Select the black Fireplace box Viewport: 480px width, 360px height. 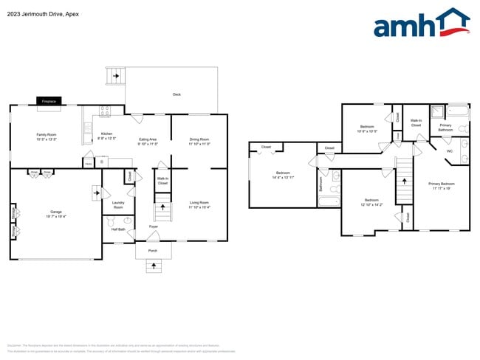click(x=49, y=100)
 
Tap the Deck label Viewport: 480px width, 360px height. click(x=176, y=94)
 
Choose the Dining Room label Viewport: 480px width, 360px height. click(x=199, y=142)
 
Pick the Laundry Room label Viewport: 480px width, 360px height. click(x=117, y=205)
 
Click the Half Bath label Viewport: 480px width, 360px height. click(x=117, y=229)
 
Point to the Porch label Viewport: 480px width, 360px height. click(x=153, y=251)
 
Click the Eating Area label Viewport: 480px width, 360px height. click(x=148, y=142)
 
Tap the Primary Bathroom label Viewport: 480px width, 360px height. click(x=445, y=128)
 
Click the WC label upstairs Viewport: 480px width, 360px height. click(x=449, y=151)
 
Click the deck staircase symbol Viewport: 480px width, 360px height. click(x=114, y=76)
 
